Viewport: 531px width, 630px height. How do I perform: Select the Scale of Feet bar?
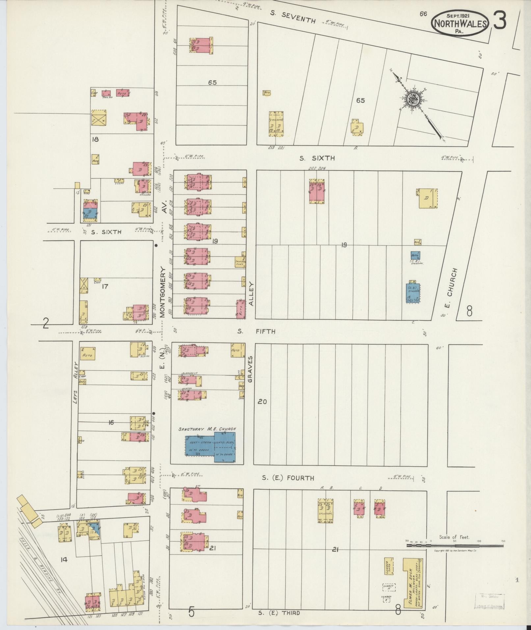click(x=454, y=545)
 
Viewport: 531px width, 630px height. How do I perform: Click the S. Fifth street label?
click(x=256, y=331)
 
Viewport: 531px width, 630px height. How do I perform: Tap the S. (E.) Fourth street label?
click(x=288, y=478)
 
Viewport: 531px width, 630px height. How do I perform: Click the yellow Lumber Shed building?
click(x=389, y=566)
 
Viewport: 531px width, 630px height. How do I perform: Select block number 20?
click(x=262, y=402)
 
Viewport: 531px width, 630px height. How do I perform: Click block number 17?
click(x=105, y=287)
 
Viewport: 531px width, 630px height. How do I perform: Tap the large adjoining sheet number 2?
click(x=46, y=324)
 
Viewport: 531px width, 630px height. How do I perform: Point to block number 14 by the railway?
click(x=64, y=559)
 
